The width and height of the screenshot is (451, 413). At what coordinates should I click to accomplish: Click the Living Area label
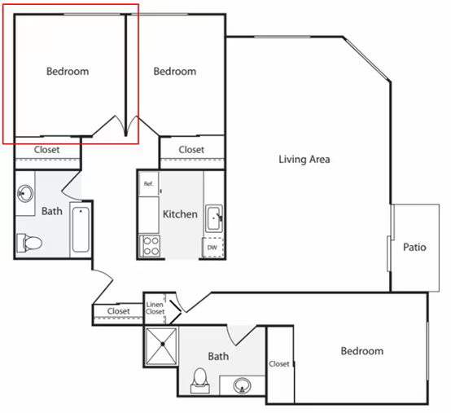pos(304,160)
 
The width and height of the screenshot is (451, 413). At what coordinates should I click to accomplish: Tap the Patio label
pos(414,247)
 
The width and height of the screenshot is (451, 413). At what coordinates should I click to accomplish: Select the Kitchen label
pos(180,214)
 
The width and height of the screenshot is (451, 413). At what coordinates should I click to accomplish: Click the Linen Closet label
pos(155,308)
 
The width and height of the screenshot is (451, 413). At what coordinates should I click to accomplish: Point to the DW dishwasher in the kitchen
pos(212,247)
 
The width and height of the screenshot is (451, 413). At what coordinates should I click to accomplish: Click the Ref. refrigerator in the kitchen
pos(148,184)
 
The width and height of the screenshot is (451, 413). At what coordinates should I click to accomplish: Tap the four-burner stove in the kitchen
pos(150,246)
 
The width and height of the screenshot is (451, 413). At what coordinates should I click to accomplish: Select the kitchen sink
pos(214,218)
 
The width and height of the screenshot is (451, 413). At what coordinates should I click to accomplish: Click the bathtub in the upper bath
pos(81,230)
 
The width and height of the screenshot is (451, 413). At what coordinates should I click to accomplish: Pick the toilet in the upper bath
pos(29,243)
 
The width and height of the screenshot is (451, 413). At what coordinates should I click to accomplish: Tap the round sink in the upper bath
pos(25,193)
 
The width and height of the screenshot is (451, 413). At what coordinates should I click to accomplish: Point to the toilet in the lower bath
pos(200,380)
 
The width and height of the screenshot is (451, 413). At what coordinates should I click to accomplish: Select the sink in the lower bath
pos(242,385)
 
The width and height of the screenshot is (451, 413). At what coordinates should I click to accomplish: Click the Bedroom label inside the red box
pos(68,72)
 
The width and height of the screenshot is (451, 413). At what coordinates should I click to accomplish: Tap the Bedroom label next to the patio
pos(361,351)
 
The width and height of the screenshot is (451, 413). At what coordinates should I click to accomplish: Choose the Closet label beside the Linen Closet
pos(119,311)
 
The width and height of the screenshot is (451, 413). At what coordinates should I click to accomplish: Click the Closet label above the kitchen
pos(191,150)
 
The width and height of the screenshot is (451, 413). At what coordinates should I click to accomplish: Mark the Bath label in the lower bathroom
pos(218,356)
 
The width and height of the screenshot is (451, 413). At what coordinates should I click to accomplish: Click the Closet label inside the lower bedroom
pos(279,364)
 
